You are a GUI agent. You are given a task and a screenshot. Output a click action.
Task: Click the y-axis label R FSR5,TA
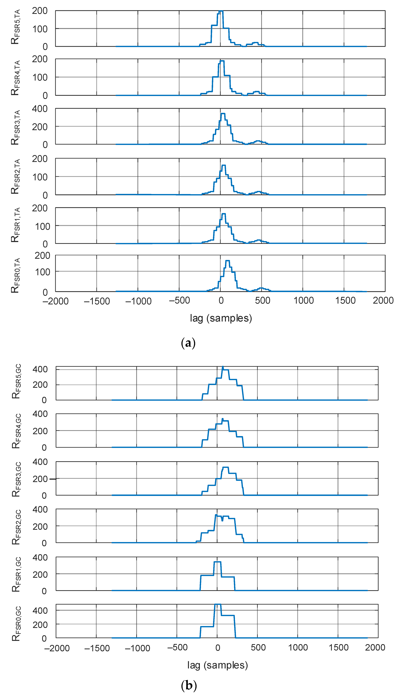coord(15,27)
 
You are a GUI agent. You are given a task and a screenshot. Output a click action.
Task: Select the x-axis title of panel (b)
coord(218,665)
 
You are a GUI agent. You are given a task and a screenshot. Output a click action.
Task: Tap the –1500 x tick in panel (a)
coord(97,301)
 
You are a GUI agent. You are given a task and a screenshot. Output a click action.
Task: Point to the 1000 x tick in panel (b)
coord(298,648)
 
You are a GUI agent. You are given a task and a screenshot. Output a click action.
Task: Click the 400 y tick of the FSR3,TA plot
coord(40,109)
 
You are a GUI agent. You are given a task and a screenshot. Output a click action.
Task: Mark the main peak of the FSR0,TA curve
coord(227,261)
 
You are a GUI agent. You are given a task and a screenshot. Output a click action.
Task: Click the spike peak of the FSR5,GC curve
coord(223,367)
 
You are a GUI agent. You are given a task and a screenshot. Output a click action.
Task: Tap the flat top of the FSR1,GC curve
coord(217,562)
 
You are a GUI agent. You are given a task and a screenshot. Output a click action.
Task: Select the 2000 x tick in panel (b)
coord(375,648)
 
